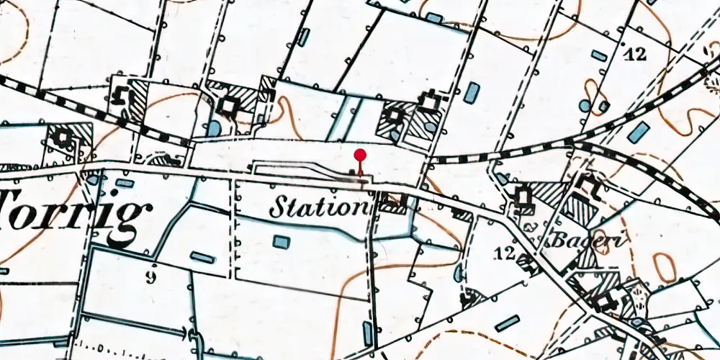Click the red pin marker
(x=360, y=156)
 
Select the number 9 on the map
(x=150, y=278)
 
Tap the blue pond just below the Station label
(x=280, y=241)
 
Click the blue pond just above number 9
(x=202, y=257)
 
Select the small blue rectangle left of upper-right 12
(x=598, y=55)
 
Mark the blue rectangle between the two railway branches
(x=637, y=132)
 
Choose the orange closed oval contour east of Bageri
(x=663, y=269)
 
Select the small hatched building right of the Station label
(x=392, y=205)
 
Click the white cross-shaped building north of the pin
(x=431, y=102)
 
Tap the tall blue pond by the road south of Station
(x=368, y=333)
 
